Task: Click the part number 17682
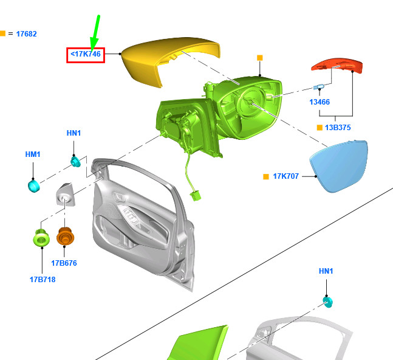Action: point(26,34)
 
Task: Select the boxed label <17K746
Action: point(86,55)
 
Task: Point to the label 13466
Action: point(320,102)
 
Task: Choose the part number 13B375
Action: point(338,128)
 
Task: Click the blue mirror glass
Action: point(339,166)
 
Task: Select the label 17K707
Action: point(285,176)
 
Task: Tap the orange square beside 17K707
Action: point(265,177)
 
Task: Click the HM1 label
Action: point(33,155)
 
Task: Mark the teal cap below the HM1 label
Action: point(33,184)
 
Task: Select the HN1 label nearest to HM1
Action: point(73,133)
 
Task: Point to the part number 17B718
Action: point(42,280)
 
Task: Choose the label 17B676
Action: point(64,263)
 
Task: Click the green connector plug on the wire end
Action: point(196,196)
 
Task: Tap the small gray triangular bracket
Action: point(66,195)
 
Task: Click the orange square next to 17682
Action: point(2,33)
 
